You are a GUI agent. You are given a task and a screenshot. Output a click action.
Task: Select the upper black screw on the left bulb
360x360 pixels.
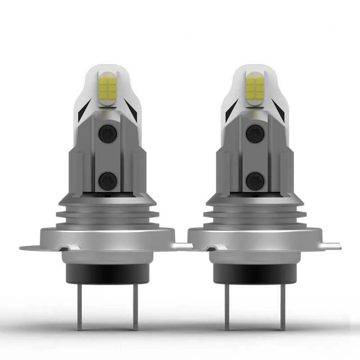pos(108,134)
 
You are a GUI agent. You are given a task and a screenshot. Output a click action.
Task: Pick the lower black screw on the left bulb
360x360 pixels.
pos(108,180)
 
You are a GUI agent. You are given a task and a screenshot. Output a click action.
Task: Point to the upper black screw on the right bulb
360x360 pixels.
pos(255,134)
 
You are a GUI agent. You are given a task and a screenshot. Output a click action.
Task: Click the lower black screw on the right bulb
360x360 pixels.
pos(255,180)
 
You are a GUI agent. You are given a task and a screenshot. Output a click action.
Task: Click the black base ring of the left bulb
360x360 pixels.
pos(108,274)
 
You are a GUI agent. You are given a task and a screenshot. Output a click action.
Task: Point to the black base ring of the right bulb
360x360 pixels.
pos(255,274)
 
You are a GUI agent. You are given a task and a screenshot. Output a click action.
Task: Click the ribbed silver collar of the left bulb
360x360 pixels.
pos(108,215)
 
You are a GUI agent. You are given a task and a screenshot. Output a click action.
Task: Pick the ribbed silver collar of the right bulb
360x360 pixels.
pos(255,215)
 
